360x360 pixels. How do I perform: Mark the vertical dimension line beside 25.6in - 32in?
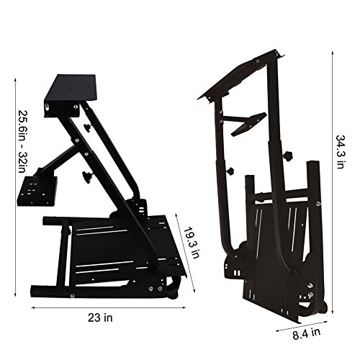pos(15,144)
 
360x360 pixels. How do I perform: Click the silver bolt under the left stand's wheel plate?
pos(48,109)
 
